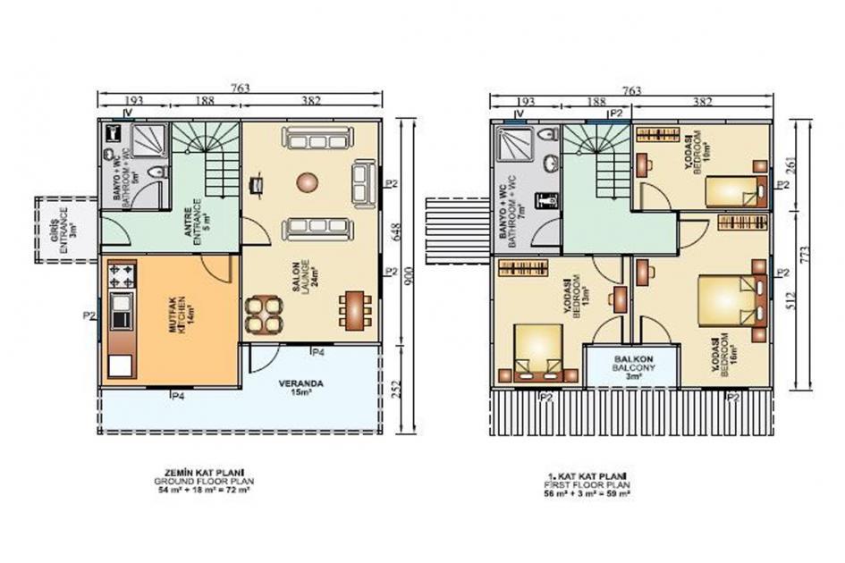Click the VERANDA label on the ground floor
tap(300, 387)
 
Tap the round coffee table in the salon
tap(308, 182)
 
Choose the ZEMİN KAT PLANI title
tap(200, 473)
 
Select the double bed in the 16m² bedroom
tap(731, 300)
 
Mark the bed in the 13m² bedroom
tap(538, 350)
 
